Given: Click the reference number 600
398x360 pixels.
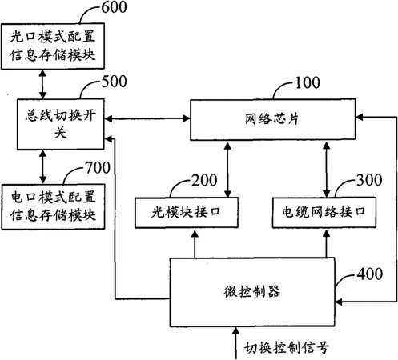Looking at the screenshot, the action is coord(115,7).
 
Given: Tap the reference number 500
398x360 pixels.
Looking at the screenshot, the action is coord(115,82).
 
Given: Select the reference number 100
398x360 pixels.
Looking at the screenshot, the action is coord(308,82).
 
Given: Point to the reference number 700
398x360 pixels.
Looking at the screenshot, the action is coord(98,167).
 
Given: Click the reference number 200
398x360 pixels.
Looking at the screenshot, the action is coord(204,180).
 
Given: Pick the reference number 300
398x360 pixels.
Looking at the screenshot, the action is coord(369,180).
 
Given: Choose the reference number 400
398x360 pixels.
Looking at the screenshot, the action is coord(370,274).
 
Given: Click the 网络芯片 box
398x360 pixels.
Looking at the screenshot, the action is coord(273,119).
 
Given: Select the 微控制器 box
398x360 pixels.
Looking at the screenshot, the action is coord(252,292).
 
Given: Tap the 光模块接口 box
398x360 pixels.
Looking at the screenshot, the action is coord(187,213).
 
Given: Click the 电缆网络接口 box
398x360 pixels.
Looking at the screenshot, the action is coord(324,213).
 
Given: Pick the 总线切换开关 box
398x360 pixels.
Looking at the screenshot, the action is coord(61,124).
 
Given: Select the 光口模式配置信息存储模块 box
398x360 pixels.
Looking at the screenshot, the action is coord(53,46).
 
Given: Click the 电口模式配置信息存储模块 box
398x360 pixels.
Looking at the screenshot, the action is coord(53,206).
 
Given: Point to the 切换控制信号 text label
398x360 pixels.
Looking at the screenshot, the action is coord(287,348).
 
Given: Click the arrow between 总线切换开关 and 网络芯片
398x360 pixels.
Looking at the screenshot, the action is coord(147,118).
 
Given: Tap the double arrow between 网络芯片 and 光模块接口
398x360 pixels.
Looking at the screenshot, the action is coord(227,169).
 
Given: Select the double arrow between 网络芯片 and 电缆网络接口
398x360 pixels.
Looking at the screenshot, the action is coord(326,169).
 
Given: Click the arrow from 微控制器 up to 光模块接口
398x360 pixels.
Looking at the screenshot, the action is coord(195,243).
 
